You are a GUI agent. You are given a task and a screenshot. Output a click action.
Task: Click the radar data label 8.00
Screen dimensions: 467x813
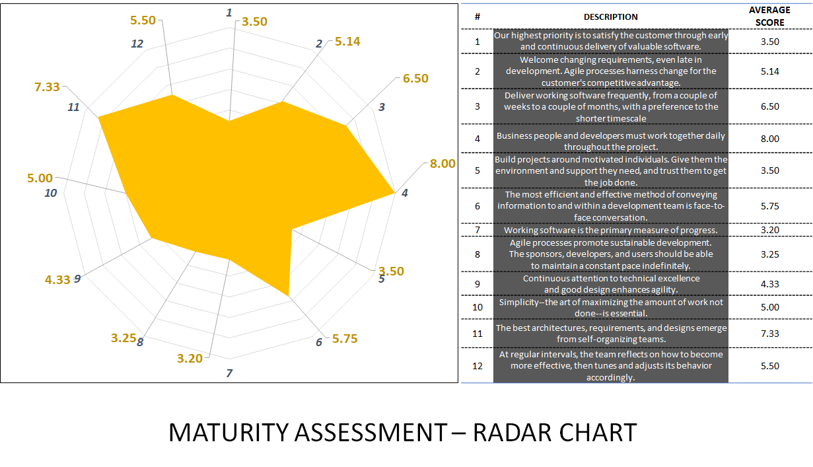click(x=442, y=163)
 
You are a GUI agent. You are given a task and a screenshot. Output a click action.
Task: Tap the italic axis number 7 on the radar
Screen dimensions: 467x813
click(x=229, y=373)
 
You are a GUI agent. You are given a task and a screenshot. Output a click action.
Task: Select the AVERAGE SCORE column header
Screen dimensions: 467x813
click(x=769, y=17)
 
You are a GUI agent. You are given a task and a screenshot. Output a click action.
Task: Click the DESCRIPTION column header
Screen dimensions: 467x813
click(x=610, y=17)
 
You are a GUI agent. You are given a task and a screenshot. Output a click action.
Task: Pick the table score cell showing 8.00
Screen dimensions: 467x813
click(x=769, y=139)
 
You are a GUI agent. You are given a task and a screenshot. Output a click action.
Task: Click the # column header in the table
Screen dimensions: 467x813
click(x=477, y=17)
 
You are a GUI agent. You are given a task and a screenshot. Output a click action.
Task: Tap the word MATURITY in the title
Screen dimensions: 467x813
click(x=229, y=433)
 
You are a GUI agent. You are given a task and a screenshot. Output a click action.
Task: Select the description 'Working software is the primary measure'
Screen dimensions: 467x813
click(x=610, y=230)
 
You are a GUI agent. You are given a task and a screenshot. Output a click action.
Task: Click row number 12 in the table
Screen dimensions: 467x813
click(x=477, y=366)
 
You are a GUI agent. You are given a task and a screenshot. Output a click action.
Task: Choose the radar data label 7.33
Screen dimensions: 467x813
click(x=48, y=87)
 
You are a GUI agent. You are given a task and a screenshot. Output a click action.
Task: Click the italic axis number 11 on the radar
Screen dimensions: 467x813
click(x=73, y=107)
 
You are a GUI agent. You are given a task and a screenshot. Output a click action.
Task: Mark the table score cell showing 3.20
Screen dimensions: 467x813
click(x=769, y=230)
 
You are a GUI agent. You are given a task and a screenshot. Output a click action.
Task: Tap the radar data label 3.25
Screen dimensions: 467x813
click(x=124, y=338)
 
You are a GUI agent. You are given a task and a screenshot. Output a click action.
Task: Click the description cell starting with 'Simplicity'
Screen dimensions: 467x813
click(x=610, y=307)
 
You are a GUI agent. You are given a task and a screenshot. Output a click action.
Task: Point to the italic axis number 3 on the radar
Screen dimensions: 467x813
click(x=382, y=106)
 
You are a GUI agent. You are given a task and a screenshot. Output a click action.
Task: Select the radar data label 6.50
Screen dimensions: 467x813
click(x=415, y=79)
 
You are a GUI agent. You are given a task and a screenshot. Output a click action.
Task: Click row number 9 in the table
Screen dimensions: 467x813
click(x=477, y=284)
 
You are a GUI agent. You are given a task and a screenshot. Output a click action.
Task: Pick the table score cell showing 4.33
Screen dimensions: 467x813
click(x=769, y=284)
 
